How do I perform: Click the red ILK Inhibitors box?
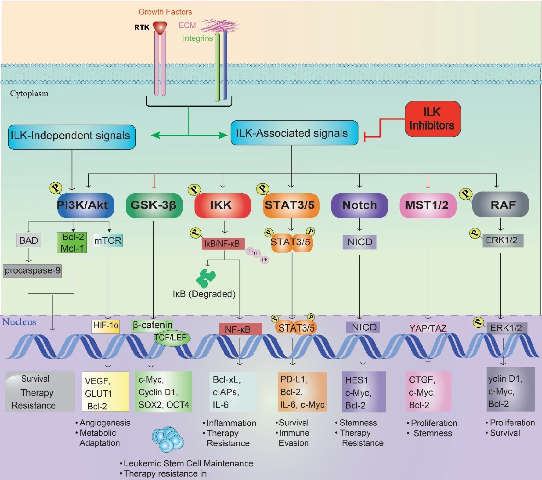[433, 119]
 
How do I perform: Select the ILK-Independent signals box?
[72, 137]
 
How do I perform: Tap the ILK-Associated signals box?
[294, 133]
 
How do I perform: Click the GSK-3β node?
[154, 205]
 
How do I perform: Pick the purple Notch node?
[359, 205]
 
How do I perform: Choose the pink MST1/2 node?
[428, 205]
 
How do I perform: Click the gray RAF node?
[500, 205]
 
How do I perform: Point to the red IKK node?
[223, 205]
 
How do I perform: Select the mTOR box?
[108, 240]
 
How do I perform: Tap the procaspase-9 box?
[32, 271]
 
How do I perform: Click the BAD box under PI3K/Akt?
[29, 240]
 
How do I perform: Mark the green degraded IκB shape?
[206, 278]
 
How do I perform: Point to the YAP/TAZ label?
[428, 328]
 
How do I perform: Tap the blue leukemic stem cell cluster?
[167, 439]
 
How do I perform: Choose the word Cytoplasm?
[29, 94]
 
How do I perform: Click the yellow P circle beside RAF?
[466, 194]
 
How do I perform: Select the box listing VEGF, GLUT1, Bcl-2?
[105, 392]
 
